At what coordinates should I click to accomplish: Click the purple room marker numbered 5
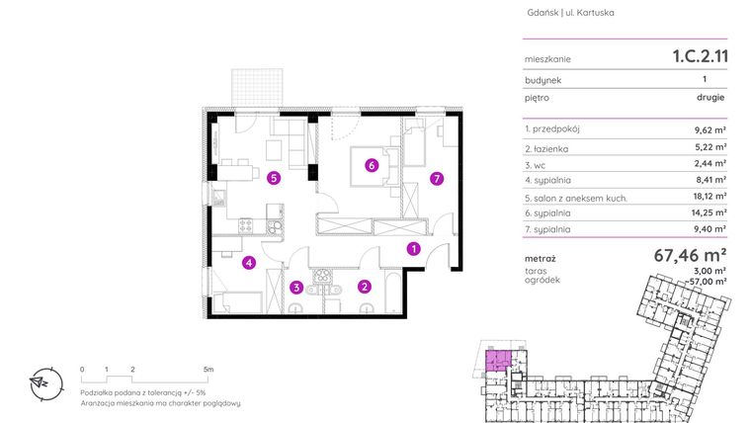pyautogui.click(x=274, y=179)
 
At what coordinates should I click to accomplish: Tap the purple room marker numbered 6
pyautogui.click(x=372, y=166)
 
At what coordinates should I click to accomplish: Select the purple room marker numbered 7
pyautogui.click(x=436, y=179)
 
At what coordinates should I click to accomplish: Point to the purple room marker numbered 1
pyautogui.click(x=414, y=250)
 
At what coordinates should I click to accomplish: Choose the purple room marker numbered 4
pyautogui.click(x=249, y=263)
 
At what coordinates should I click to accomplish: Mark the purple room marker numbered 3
pyautogui.click(x=295, y=289)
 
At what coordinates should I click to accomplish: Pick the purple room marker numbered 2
pyautogui.click(x=365, y=288)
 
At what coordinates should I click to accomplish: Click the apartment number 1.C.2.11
pyautogui.click(x=695, y=57)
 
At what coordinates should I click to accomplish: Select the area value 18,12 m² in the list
pyautogui.click(x=708, y=196)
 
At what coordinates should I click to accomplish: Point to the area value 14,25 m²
pyautogui.click(x=708, y=211)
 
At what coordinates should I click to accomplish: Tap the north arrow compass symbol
pyautogui.click(x=42, y=382)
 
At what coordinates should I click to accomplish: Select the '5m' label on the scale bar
pyautogui.click(x=208, y=368)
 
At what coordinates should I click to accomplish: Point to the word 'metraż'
pyautogui.click(x=541, y=259)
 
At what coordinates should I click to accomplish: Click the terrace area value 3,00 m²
pyautogui.click(x=711, y=270)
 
